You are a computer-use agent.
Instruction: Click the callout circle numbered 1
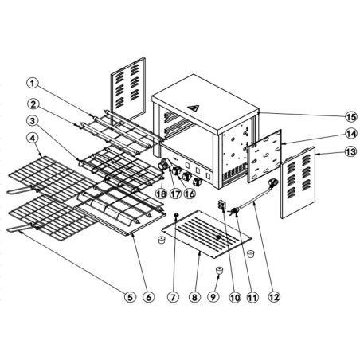coord(32,83)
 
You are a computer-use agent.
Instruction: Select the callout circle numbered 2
coord(32,104)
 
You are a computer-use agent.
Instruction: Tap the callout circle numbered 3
coord(32,121)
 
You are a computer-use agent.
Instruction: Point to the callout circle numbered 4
coord(32,139)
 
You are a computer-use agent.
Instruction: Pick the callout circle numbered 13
coord(327,152)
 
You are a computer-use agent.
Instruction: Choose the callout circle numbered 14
coord(327,133)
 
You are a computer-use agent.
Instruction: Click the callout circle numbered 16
coord(190,193)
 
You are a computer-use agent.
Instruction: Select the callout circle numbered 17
coord(175,193)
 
